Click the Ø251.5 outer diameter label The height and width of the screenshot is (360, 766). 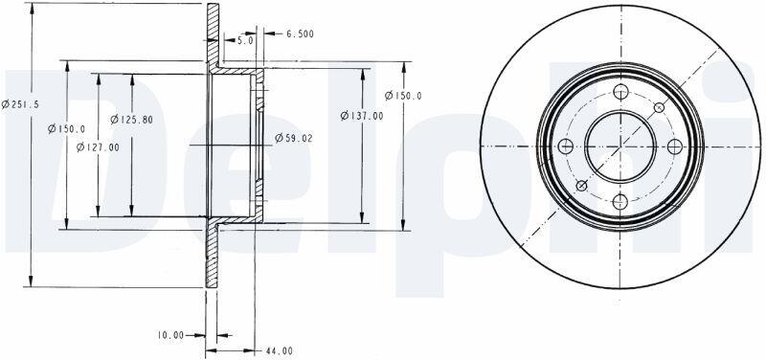click(20, 104)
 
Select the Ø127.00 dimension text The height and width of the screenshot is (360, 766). click(98, 147)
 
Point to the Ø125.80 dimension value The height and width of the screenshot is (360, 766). click(131, 119)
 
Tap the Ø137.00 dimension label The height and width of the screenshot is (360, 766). click(362, 116)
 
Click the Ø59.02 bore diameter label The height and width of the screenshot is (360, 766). click(294, 138)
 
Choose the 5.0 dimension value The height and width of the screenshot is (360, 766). click(245, 41)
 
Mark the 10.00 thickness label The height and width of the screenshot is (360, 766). click(170, 335)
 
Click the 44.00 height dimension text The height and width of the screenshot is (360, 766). click(280, 350)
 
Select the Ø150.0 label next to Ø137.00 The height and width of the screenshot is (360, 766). click(403, 96)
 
